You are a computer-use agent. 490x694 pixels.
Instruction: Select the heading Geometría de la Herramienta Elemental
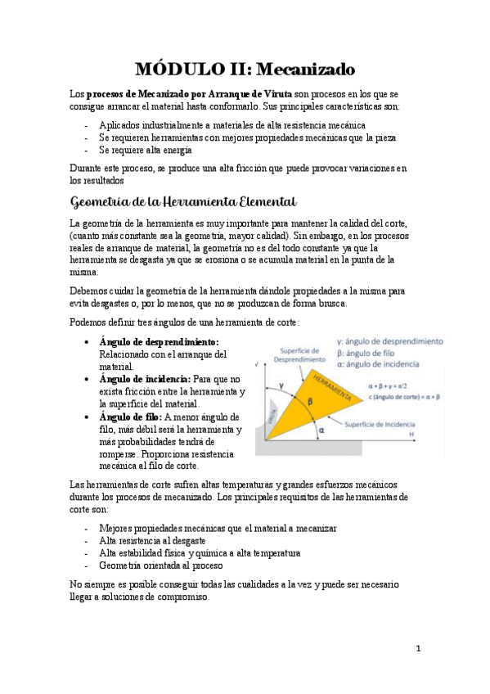point(183,201)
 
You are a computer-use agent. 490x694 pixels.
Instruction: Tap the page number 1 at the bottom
point(418,648)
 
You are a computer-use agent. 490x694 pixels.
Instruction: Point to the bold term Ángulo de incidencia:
point(144,380)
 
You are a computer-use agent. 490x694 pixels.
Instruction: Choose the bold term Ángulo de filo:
point(129,417)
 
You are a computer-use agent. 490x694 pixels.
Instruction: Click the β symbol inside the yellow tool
point(310,401)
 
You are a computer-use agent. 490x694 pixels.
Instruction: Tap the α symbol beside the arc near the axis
point(321,429)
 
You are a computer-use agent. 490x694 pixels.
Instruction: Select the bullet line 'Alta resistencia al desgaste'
point(151,541)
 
